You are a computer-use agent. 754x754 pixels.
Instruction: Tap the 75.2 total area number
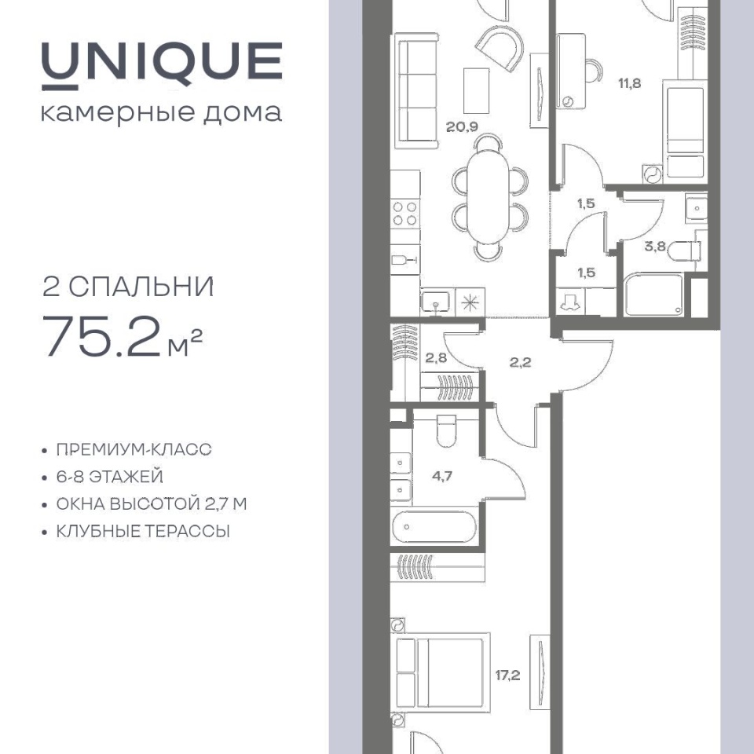tap(102, 336)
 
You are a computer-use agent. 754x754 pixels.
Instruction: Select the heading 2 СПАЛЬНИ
tap(128, 287)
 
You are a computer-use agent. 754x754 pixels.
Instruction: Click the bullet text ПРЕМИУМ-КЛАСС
tap(134, 449)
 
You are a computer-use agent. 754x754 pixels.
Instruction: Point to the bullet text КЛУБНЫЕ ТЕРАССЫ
tap(143, 532)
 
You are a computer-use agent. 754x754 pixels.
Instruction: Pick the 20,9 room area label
tap(462, 127)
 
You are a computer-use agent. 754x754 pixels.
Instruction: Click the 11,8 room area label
tap(629, 83)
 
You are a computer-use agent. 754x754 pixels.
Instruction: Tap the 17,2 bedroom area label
tap(508, 675)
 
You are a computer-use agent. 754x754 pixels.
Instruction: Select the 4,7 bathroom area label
tap(442, 476)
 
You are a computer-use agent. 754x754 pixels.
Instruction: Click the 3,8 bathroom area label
tap(655, 247)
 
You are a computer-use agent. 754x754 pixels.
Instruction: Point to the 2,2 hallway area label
tap(520, 362)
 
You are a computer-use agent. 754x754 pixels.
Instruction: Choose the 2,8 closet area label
tap(436, 358)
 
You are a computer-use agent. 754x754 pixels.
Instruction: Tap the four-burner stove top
tap(405, 214)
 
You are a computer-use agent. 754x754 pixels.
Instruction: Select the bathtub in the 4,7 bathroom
tap(434, 526)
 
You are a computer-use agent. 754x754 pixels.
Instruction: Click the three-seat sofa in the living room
tap(416, 90)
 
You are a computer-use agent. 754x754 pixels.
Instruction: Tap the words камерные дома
tap(162, 113)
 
